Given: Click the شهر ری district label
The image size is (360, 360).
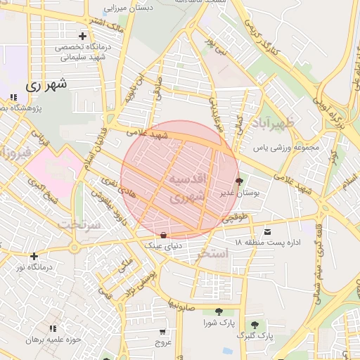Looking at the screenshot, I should pos(46,85).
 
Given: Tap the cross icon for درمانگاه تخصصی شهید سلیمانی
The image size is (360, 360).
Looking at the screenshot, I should pos(83,36).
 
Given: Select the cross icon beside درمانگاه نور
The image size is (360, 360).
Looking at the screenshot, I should pos(33,256).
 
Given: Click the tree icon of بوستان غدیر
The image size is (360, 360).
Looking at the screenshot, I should pos(240,182).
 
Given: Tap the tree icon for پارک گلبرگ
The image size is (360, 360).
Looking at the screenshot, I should pos(255,325).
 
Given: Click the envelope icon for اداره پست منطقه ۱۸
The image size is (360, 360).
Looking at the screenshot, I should pos(266,232).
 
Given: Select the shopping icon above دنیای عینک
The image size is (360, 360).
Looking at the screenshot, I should pos(163,235).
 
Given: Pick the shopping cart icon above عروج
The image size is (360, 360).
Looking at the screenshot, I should pos(163,331).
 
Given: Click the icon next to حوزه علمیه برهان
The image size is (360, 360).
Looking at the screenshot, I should pos(53,328).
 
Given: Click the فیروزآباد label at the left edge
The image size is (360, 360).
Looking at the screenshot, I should pos(15,152).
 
